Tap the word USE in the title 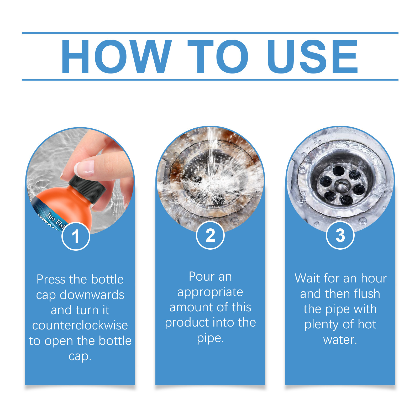click(x=312, y=56)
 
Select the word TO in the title click(x=218, y=56)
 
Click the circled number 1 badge click(x=76, y=236)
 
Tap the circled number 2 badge click(x=210, y=235)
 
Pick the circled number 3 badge click(x=340, y=235)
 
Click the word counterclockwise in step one click(x=80, y=325)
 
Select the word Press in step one click(x=51, y=279)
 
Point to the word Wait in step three click(x=307, y=278)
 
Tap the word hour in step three click(x=374, y=278)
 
